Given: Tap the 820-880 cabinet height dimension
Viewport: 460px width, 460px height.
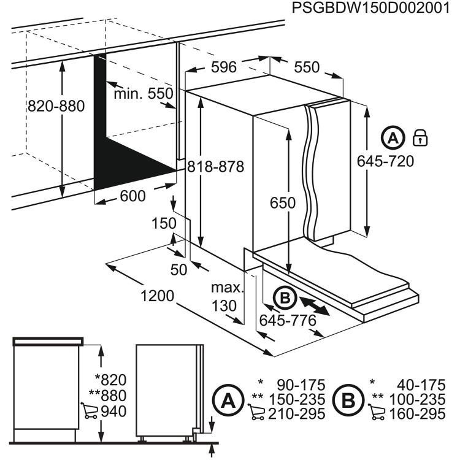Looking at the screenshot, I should coord(56,106).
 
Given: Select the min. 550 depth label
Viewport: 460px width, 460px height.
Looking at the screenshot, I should coord(144,93).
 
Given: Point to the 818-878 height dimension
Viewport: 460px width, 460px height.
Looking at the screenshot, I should coord(216,166).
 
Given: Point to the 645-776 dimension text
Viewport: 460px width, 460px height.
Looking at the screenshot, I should coord(288,320).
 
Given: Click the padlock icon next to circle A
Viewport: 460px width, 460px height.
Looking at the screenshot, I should coord(420,137).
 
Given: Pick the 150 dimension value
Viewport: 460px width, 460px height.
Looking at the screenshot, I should coord(164,224).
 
